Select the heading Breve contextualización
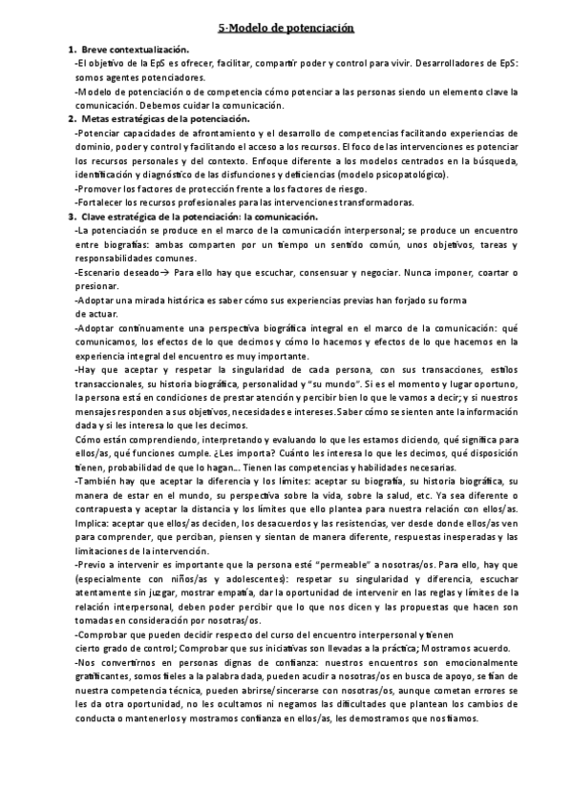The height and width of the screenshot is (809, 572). pyautogui.click(x=135, y=49)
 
